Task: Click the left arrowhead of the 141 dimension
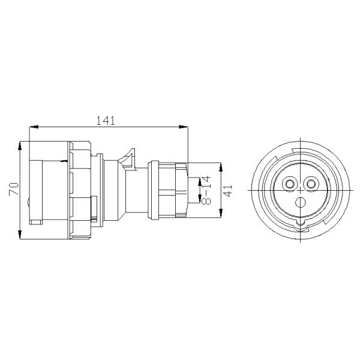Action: tap(34, 127)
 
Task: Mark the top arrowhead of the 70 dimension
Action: tap(21, 145)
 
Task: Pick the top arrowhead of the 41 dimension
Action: tap(223, 164)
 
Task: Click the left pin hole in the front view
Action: tap(290, 184)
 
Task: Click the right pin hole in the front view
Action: tap(311, 184)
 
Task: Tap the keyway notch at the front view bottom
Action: tap(301, 226)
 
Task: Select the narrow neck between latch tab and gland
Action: tap(143, 189)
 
